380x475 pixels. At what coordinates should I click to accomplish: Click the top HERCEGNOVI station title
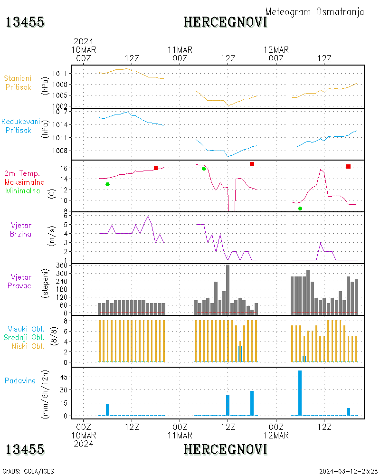coord(225,22)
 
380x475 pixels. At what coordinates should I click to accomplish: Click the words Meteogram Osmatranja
coord(314,12)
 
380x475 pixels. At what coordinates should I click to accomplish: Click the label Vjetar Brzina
coord(21,229)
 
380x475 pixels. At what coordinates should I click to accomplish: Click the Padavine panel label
coord(20,380)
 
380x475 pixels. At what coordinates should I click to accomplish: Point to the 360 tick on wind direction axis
coord(62,265)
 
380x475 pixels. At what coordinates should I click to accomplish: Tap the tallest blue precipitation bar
coord(300,393)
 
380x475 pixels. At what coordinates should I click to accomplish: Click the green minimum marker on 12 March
coord(300,209)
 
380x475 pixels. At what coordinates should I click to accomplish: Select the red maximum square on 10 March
coord(156,168)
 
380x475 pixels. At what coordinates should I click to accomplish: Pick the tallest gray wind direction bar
coord(228,289)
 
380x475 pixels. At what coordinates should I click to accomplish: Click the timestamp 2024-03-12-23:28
coord(349,471)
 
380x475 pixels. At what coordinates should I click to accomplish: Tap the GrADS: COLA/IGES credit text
coord(28,471)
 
